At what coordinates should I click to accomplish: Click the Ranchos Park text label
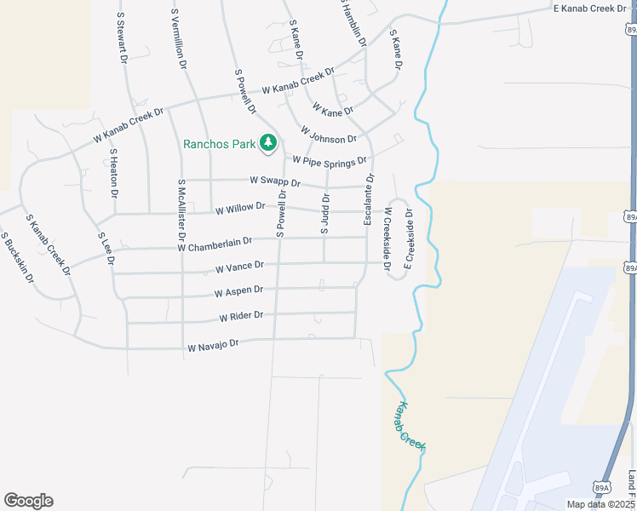pos(220,144)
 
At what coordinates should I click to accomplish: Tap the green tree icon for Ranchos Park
pos(269,143)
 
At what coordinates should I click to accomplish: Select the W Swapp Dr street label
pos(276,181)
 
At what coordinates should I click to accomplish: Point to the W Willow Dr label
pos(241,210)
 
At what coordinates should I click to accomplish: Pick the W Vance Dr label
pos(239,268)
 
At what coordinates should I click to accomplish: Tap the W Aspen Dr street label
pos(239,291)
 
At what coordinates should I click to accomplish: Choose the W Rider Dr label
pos(241,316)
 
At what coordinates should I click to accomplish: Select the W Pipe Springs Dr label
pos(330,160)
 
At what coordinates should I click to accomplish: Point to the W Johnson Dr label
pos(328,135)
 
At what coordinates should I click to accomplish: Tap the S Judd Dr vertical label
pos(324,214)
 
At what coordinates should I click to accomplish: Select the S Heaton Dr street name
pos(113,174)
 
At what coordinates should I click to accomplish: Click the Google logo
pos(28,501)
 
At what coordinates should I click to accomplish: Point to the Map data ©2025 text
pos(600,504)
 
